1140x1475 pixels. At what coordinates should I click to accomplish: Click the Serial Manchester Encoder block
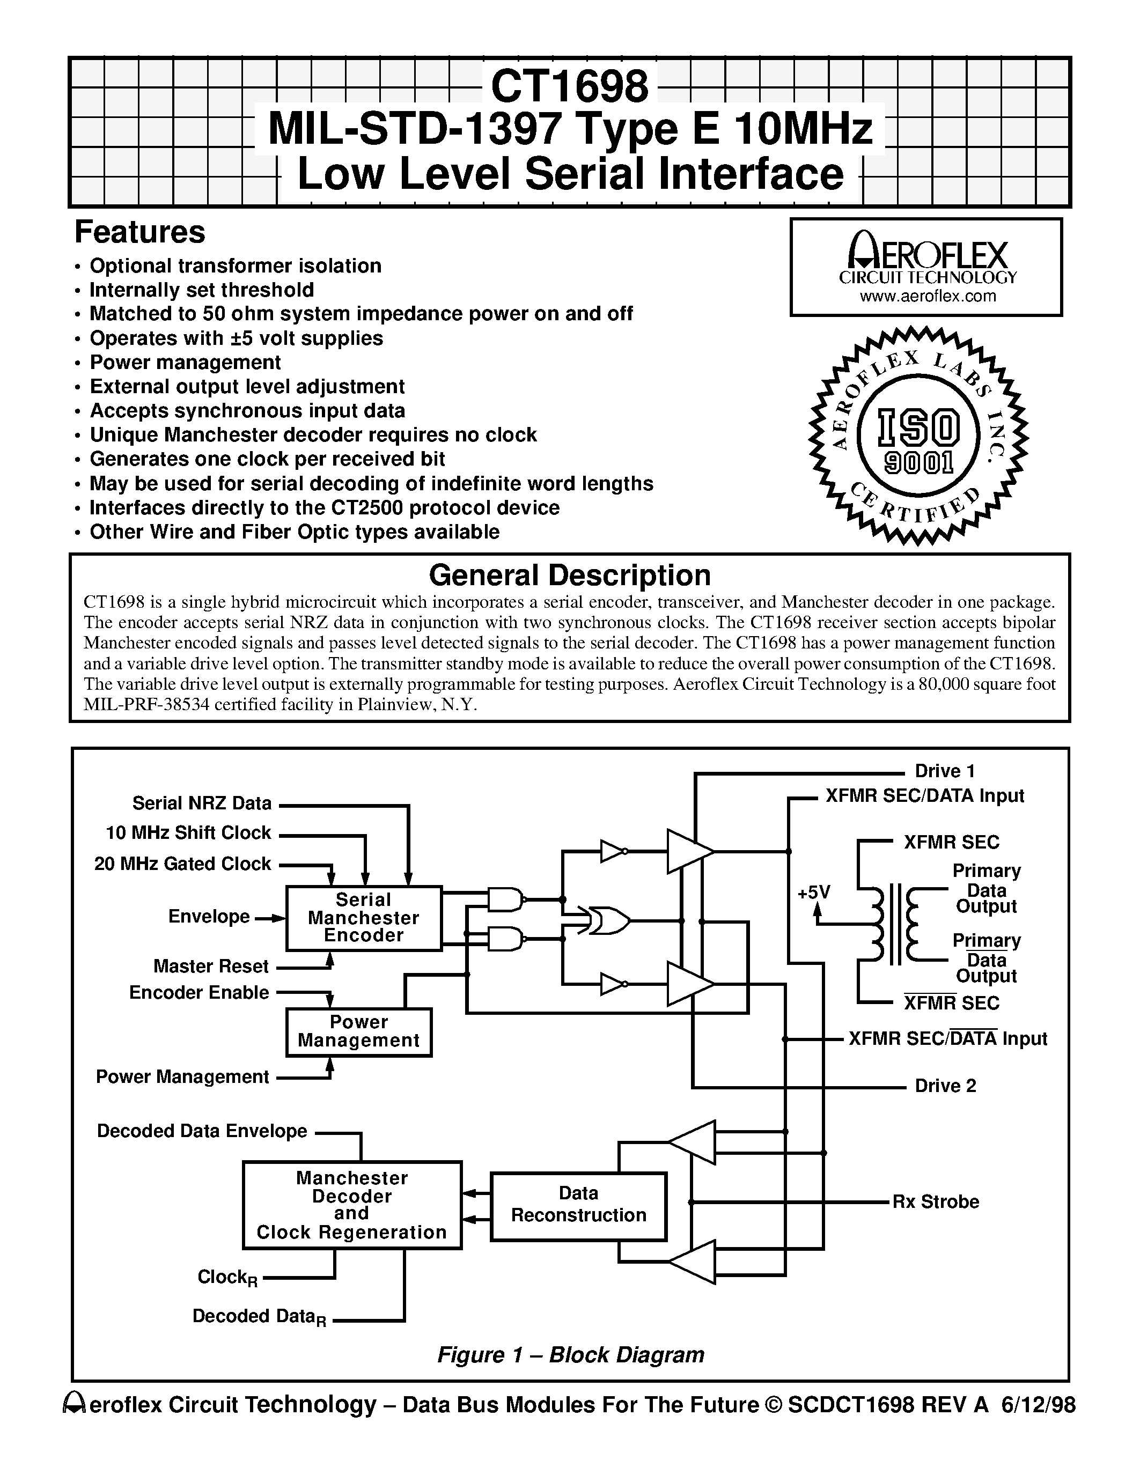pyautogui.click(x=363, y=918)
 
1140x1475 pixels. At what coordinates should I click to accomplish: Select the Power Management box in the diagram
pyautogui.click(x=358, y=1031)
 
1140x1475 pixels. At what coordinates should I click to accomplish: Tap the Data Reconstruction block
pyautogui.click(x=578, y=1204)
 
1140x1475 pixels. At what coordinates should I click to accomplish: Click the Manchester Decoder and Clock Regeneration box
pyautogui.click(x=352, y=1205)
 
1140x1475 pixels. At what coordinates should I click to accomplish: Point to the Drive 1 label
pyautogui.click(x=944, y=771)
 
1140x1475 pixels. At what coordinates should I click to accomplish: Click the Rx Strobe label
pyautogui.click(x=936, y=1201)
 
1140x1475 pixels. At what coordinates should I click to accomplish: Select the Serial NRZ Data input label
pyautogui.click(x=202, y=803)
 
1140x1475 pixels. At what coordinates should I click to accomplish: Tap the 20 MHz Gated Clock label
pyautogui.click(x=182, y=864)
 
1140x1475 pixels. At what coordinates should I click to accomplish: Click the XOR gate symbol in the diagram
pyautogui.click(x=608, y=920)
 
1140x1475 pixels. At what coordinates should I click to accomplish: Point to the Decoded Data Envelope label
pyautogui.click(x=202, y=1131)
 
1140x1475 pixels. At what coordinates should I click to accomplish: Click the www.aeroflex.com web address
pyautogui.click(x=927, y=296)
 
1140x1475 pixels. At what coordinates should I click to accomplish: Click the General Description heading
pyautogui.click(x=569, y=576)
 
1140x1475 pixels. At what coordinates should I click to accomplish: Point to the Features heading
pyautogui.click(x=140, y=232)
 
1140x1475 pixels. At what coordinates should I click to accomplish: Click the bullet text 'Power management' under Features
pyautogui.click(x=185, y=363)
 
